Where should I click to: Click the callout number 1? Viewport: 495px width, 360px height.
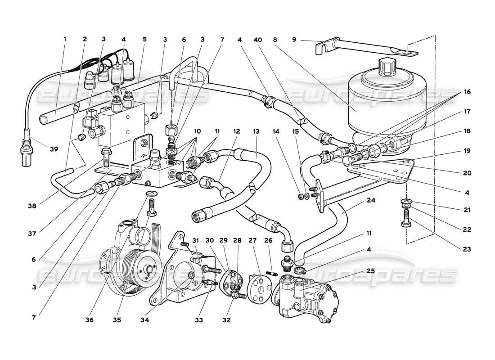[64, 39]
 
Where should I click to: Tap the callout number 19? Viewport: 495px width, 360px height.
[466, 151]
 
